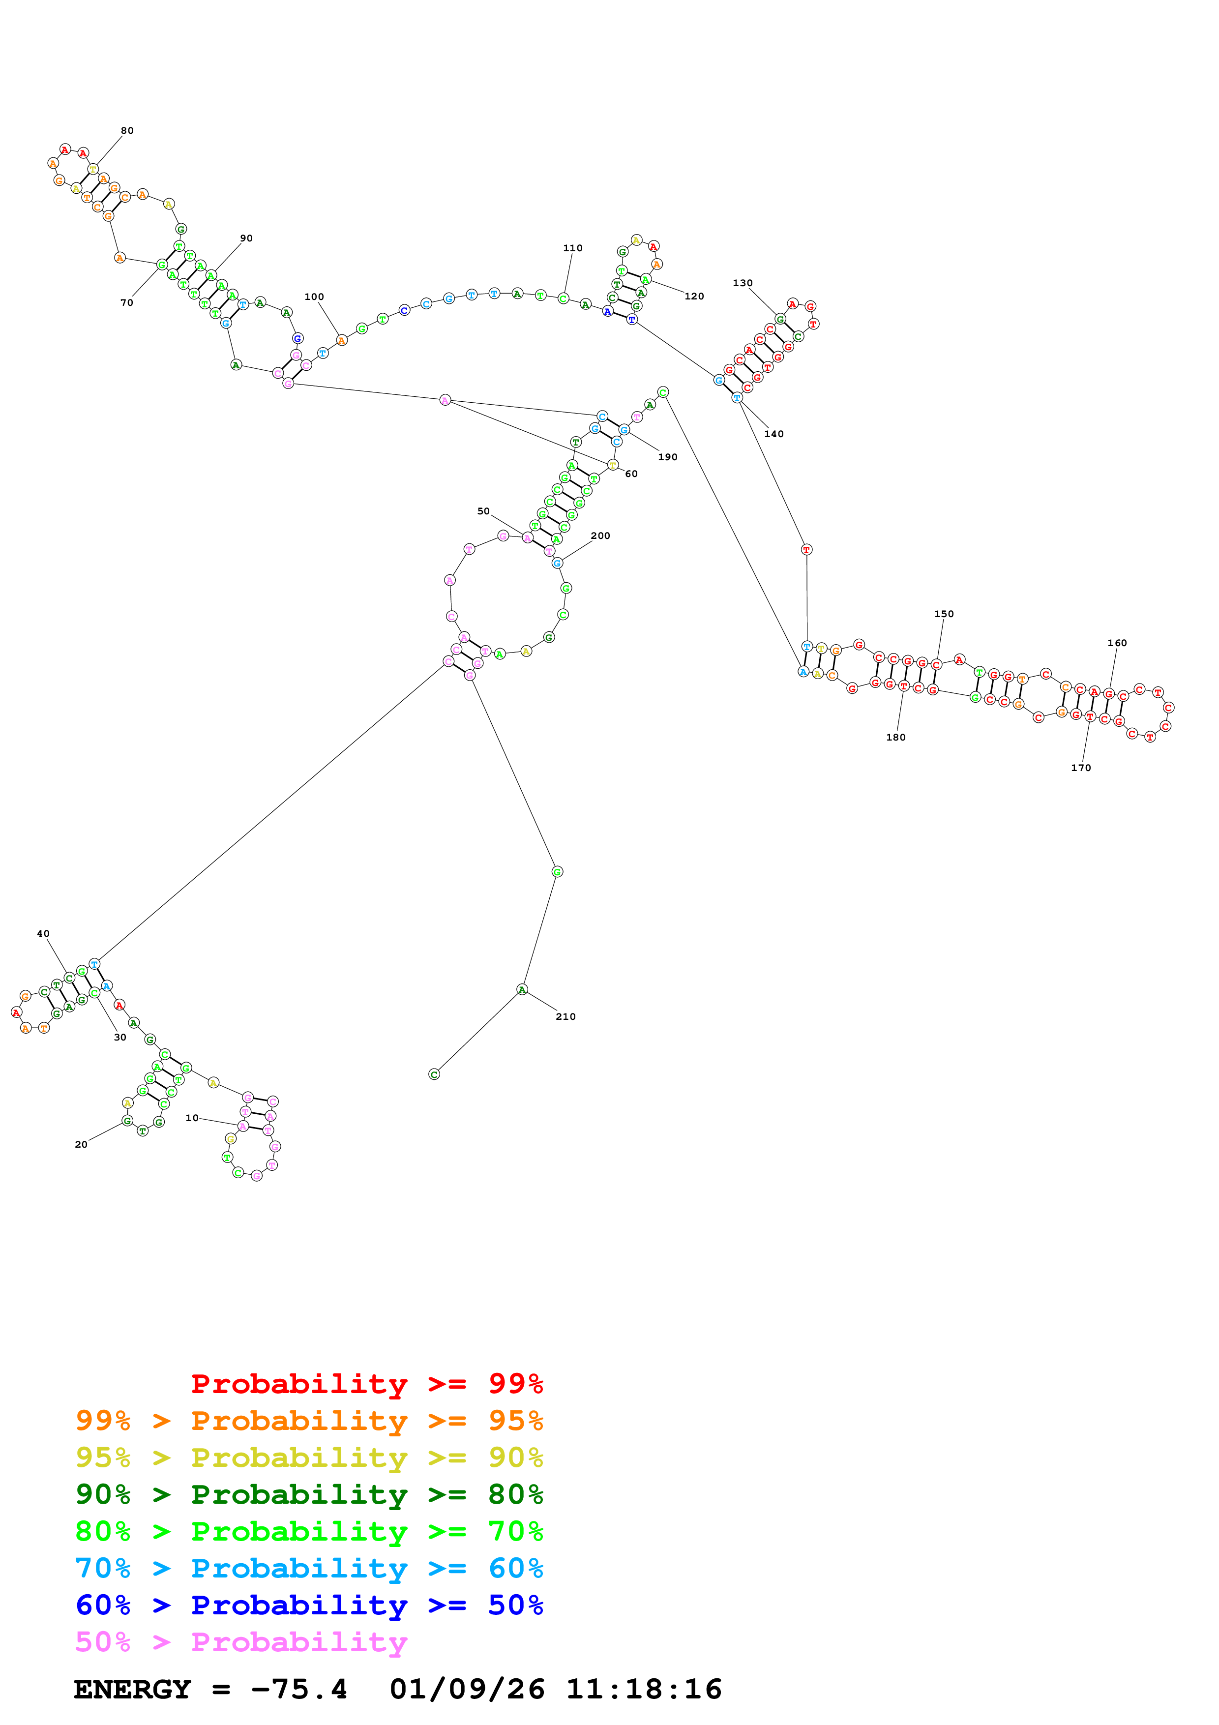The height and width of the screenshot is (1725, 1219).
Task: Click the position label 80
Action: [x=128, y=131]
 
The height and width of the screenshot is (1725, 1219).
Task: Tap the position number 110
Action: [x=572, y=248]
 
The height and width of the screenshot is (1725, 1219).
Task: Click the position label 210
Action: [x=565, y=1016]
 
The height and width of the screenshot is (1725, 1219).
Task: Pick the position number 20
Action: [x=81, y=1144]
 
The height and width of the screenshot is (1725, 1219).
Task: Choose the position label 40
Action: [x=44, y=934]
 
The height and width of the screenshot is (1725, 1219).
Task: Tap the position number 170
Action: [x=1081, y=768]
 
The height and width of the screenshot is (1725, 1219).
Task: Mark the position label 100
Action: [x=314, y=297]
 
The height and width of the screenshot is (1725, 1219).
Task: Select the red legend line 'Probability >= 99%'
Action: [x=366, y=1384]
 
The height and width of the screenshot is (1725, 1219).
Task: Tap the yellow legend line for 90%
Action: [x=309, y=1457]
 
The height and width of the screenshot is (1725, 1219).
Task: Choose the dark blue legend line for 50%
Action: [x=309, y=1605]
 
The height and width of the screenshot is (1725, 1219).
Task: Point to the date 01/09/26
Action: [x=467, y=1690]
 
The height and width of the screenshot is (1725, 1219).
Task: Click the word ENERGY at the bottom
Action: [x=132, y=1690]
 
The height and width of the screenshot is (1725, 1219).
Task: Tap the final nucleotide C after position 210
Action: [x=434, y=1074]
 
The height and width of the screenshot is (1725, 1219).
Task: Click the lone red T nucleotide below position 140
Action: [x=806, y=549]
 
